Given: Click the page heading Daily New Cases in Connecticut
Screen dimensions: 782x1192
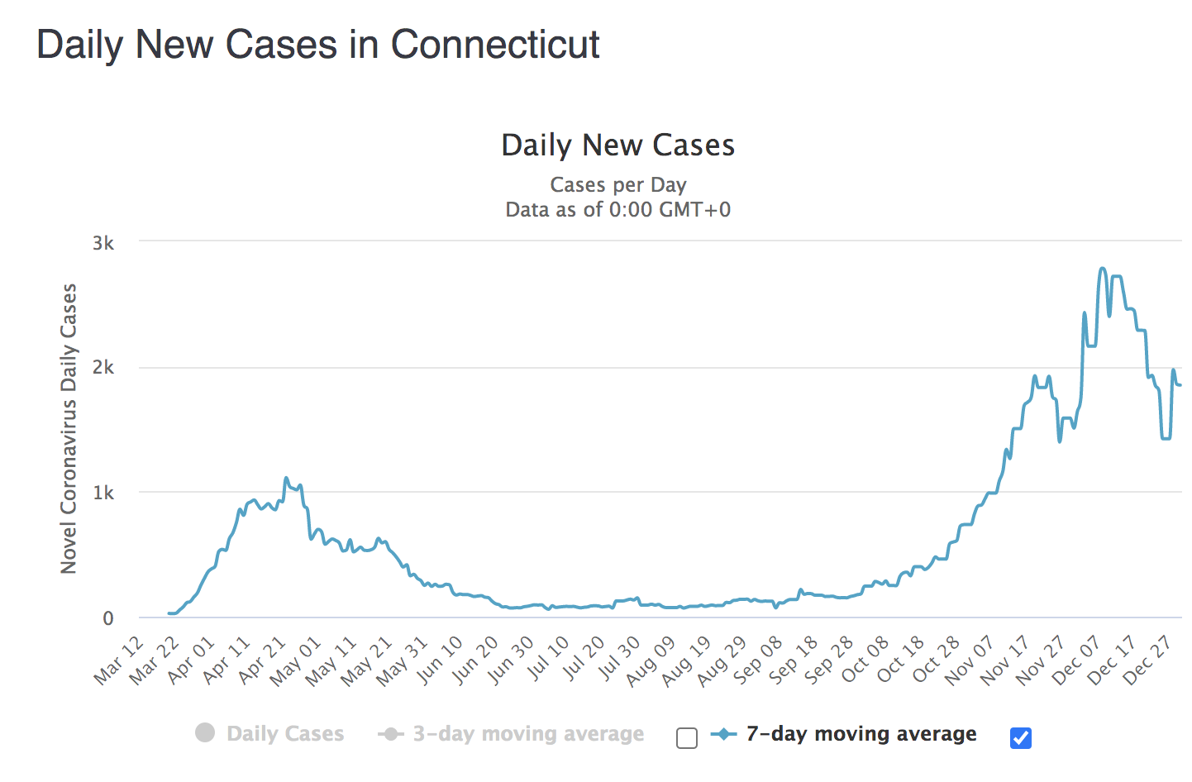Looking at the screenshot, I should click(x=318, y=45).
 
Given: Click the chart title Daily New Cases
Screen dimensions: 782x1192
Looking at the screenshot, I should click(x=617, y=145).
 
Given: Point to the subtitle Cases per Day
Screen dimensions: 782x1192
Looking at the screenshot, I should click(x=617, y=184).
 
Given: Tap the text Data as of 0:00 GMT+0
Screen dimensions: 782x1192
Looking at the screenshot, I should click(x=617, y=209).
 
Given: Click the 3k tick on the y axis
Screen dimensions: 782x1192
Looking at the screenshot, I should click(x=103, y=243).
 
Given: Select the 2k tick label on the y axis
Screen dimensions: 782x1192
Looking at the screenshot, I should click(x=103, y=368).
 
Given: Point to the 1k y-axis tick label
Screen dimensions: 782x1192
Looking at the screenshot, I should click(x=103, y=494).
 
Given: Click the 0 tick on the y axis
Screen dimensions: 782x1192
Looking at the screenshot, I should click(x=108, y=618).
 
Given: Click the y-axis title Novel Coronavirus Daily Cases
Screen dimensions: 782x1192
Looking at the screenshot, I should click(x=69, y=428).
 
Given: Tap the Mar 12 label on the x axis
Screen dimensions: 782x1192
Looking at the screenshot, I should click(x=120, y=660).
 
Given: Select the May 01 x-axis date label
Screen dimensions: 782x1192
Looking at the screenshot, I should click(x=296, y=660).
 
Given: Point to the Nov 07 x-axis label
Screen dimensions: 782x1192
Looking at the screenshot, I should click(x=971, y=660).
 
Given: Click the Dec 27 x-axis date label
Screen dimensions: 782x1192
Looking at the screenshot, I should click(x=1148, y=660).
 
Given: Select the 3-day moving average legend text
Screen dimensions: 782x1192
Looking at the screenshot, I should click(x=528, y=733).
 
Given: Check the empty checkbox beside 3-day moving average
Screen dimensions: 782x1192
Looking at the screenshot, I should click(x=687, y=737).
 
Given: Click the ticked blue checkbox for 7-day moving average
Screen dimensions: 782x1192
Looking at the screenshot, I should click(x=1021, y=737).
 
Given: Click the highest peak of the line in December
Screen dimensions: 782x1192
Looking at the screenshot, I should click(x=1103, y=268).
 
